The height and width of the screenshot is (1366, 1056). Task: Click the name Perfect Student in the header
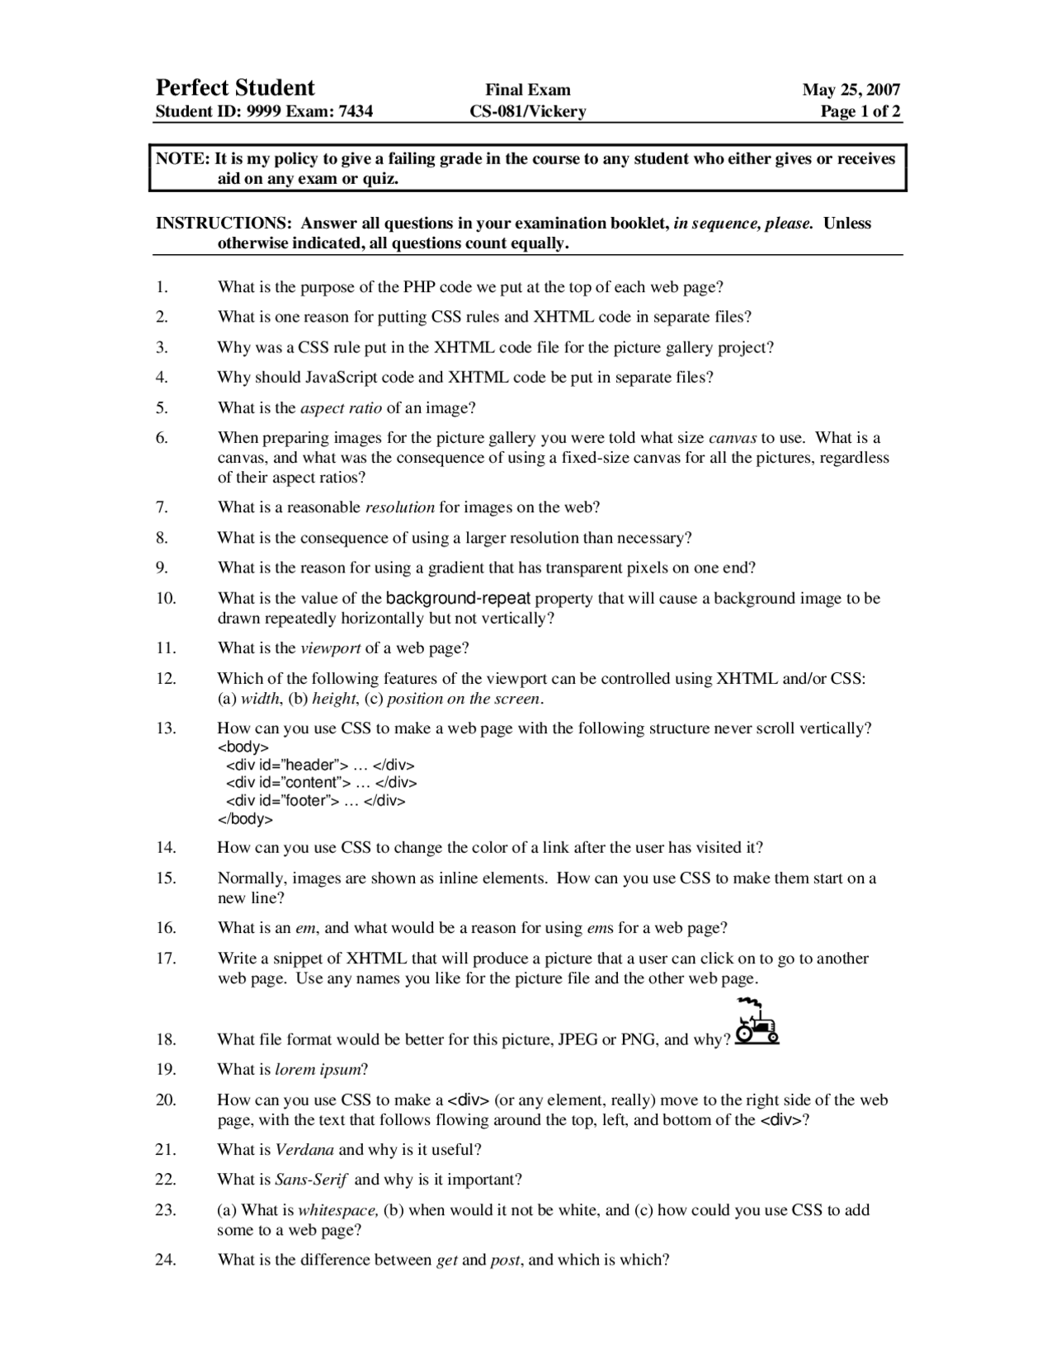click(x=235, y=87)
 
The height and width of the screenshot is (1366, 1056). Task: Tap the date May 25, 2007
click(x=851, y=90)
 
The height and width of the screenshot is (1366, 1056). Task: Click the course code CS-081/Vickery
click(x=528, y=111)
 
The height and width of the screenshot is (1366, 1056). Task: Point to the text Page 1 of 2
click(x=860, y=111)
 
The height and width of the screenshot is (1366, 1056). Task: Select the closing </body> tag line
click(x=245, y=819)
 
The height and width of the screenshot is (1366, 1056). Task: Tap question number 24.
click(x=165, y=1260)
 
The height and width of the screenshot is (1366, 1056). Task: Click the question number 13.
click(x=165, y=728)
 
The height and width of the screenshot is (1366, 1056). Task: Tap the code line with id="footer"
click(x=316, y=801)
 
